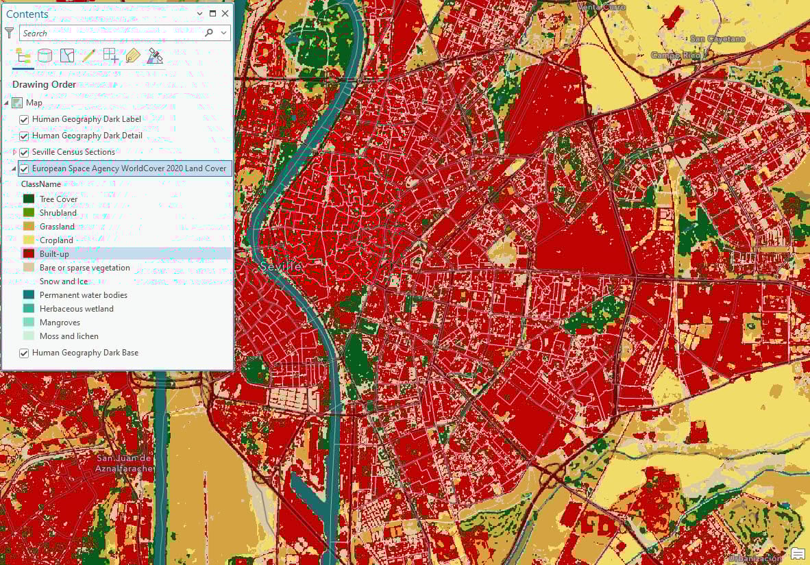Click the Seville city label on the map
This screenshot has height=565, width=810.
(x=281, y=267)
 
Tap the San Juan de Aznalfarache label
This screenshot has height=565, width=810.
(x=124, y=463)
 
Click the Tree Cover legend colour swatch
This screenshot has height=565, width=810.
(x=29, y=199)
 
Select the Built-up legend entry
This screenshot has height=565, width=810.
(x=54, y=254)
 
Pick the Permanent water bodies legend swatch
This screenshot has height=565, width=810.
(x=29, y=295)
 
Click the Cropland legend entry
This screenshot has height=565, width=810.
(x=56, y=240)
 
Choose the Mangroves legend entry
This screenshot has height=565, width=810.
(x=60, y=323)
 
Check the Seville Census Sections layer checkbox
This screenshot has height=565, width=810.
(x=24, y=152)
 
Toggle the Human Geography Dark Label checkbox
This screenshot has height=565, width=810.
(x=24, y=119)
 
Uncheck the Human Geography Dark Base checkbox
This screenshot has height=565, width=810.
(x=24, y=353)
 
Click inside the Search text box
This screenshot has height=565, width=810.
(x=110, y=33)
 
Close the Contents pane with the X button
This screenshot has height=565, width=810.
(x=225, y=14)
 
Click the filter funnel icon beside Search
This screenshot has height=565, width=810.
(x=10, y=33)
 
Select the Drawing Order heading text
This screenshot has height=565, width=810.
(x=44, y=85)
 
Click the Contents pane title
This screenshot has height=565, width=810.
(x=27, y=14)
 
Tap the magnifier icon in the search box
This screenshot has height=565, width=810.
(x=209, y=33)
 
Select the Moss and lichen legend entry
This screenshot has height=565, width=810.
(x=69, y=336)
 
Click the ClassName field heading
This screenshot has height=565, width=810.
(x=40, y=184)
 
